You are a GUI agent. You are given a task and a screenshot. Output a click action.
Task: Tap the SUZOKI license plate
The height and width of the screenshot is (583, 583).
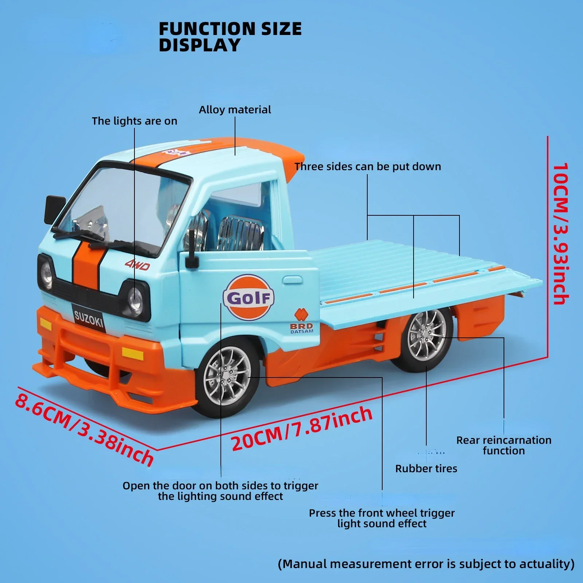tap(89, 319)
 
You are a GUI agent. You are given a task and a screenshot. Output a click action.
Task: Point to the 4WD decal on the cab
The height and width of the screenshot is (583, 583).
tap(137, 265)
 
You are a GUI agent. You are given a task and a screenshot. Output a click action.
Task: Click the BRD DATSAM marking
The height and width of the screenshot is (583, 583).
tap(301, 328)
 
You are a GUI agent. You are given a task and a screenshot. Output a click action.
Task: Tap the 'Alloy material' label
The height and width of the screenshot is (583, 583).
tap(235, 110)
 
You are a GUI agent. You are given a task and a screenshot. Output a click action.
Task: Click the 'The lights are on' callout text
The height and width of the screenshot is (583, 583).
tap(134, 121)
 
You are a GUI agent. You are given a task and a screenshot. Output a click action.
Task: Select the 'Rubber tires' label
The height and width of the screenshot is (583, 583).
tap(426, 469)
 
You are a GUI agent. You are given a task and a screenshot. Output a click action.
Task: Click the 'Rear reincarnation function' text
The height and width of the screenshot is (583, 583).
tap(504, 445)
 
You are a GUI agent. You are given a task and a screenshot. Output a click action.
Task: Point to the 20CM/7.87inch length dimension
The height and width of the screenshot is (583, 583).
tap(302, 429)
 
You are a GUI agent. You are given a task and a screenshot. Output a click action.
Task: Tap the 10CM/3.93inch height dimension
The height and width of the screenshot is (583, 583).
tap(560, 233)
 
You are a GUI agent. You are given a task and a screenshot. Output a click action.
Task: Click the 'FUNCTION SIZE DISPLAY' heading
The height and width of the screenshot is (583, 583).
tap(230, 37)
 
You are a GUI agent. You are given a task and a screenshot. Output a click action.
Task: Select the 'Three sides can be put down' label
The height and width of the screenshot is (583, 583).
tap(368, 167)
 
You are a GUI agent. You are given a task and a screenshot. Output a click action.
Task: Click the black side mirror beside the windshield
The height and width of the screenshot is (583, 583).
tap(55, 210)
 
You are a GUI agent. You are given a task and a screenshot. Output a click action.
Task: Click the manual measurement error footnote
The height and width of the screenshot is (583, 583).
tap(426, 564)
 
